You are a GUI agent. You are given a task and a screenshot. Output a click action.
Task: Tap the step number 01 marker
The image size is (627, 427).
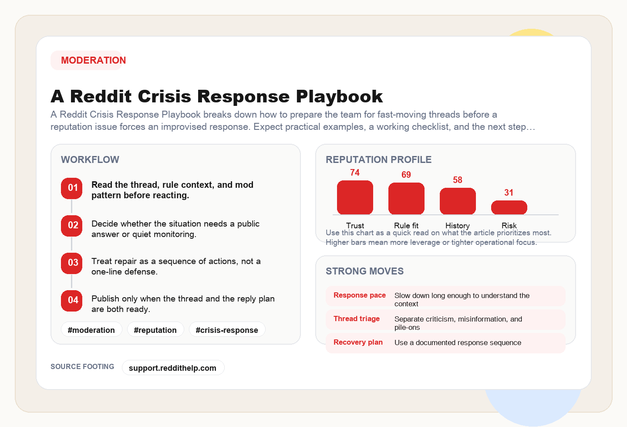pos(72,188)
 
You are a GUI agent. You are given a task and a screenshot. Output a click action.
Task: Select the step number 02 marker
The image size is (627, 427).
pos(72,226)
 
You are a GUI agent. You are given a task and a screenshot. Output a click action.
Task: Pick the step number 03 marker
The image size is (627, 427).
pos(72,263)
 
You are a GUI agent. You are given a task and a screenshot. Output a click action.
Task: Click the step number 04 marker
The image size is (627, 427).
pos(72,301)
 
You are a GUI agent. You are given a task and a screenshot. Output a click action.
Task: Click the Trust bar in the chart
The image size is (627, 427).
pos(355,197)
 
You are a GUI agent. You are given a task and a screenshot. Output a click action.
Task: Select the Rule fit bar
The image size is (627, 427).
pos(406,199)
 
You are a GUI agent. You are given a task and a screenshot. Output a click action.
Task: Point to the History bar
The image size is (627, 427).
pos(458,201)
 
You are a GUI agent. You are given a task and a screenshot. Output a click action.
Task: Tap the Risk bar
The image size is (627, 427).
pos(509,207)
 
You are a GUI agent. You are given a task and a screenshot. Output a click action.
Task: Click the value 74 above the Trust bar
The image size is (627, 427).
pos(355,173)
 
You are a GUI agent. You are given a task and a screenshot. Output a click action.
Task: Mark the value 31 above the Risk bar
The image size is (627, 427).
pos(509,193)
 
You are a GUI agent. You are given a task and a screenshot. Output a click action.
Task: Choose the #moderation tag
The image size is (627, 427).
pos(91,330)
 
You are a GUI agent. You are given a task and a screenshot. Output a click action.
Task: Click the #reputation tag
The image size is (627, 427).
pos(155,330)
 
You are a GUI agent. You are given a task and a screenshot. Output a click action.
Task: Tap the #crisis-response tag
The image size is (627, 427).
pos(227,330)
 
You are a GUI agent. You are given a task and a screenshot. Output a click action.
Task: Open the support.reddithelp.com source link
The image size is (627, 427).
pos(173,368)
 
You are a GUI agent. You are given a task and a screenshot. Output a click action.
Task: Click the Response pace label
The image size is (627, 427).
pos(360,295)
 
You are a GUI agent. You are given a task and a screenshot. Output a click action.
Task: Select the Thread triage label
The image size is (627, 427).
pos(357,319)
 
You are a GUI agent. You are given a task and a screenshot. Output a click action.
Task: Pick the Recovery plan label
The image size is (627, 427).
pos(358,342)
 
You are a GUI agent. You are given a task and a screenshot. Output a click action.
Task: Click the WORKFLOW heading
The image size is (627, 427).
pos(90,159)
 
